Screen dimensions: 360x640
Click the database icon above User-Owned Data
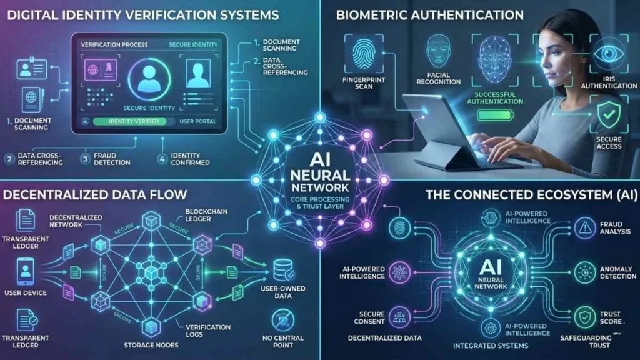tap(280, 271)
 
